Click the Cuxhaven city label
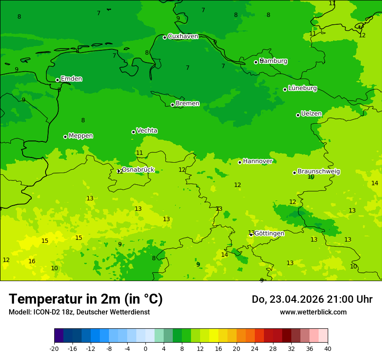[183, 36]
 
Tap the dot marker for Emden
[57, 80]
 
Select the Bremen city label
[188, 104]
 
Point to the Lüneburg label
[303, 88]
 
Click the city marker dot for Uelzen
[298, 115]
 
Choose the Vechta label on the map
[147, 131]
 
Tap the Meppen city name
[81, 136]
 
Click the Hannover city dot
[240, 162]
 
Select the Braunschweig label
[319, 172]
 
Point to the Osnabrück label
[138, 170]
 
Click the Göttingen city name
[269, 233]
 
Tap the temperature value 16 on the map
[32, 261]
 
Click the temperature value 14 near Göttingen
[224, 255]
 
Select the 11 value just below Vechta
[139, 153]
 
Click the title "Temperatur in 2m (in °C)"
[86, 299]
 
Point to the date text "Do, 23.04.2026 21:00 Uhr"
[312, 299]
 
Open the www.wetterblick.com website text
[313, 312]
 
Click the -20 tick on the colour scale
[54, 348]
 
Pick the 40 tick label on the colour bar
[328, 348]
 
